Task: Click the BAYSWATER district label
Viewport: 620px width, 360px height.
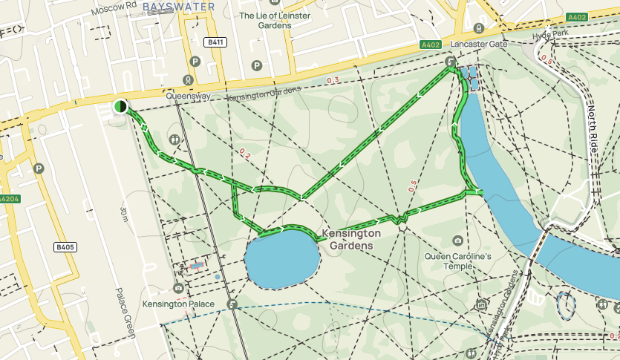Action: pos(178,7)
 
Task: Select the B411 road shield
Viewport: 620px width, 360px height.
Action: pos(216,42)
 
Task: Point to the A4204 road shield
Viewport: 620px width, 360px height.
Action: pos(8,199)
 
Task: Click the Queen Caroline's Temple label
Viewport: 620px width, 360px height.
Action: pos(458,261)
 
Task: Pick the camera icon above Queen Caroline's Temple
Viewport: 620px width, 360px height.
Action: pos(457,240)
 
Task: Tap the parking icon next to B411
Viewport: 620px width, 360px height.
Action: pos(195,62)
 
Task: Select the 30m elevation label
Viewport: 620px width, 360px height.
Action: pos(123,216)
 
